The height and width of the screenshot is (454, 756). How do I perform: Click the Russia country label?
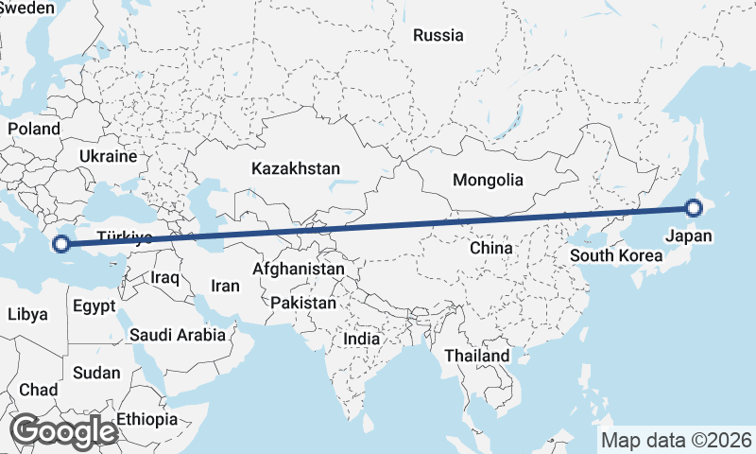pyautogui.click(x=438, y=36)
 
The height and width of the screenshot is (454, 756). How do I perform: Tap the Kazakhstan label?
pyautogui.click(x=295, y=168)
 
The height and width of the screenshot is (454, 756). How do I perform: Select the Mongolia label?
pyautogui.click(x=488, y=180)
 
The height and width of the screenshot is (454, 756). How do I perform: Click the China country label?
pyautogui.click(x=490, y=248)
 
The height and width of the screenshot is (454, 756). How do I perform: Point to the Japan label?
pyautogui.click(x=688, y=236)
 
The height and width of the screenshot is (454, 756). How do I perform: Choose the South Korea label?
pyautogui.click(x=616, y=255)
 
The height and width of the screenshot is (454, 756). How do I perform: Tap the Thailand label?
pyautogui.click(x=477, y=356)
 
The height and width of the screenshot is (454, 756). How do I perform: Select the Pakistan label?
pyautogui.click(x=302, y=304)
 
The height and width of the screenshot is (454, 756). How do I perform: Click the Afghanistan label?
pyautogui.click(x=299, y=270)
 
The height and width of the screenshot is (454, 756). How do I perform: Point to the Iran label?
pyautogui.click(x=225, y=286)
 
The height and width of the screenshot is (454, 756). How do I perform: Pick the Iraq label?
pyautogui.click(x=164, y=278)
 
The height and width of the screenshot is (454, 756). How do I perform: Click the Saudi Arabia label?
pyautogui.click(x=178, y=334)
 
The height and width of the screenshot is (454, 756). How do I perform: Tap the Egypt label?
pyautogui.click(x=94, y=306)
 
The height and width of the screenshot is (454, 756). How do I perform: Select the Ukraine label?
pyautogui.click(x=108, y=156)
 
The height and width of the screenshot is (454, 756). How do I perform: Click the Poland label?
pyautogui.click(x=34, y=129)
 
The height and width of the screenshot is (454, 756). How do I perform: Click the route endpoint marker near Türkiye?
pyautogui.click(x=61, y=244)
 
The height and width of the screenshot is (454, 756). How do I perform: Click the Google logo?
pyautogui.click(x=63, y=430)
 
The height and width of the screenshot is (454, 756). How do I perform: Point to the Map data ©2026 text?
pyautogui.click(x=676, y=440)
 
